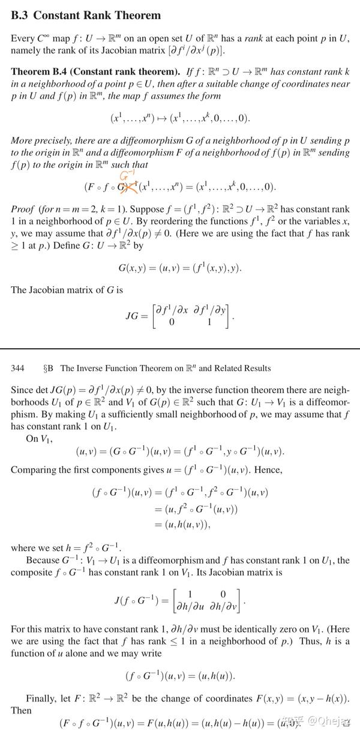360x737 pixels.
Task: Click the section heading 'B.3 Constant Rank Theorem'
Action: point(86,16)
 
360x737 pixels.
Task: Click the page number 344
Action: point(18,368)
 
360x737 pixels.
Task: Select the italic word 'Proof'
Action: point(23,209)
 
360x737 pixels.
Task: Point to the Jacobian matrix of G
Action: point(191,316)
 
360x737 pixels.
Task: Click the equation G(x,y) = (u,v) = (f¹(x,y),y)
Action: point(180,267)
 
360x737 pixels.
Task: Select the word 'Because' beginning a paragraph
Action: point(42,561)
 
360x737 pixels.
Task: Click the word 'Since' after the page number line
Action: point(22,390)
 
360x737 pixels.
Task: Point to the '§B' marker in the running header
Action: point(49,368)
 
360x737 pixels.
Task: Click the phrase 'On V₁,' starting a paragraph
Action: point(40,438)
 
